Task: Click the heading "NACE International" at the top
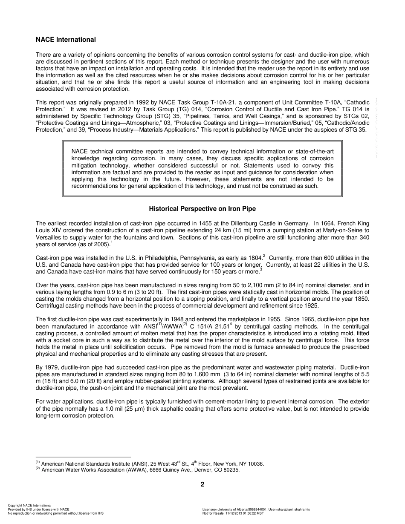(x=66, y=40)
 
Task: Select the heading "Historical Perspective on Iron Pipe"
(x=202, y=209)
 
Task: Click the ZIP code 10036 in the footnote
(x=256, y=464)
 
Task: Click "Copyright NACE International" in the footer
(x=30, y=505)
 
